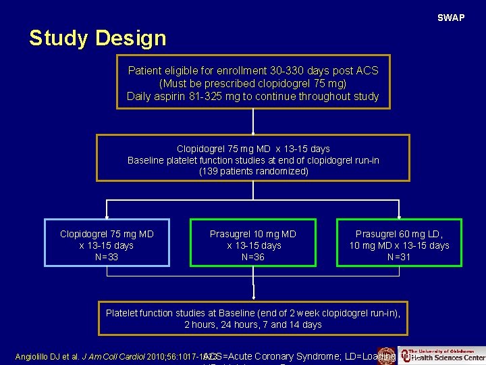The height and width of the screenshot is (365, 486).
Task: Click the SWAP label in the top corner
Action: tap(451, 18)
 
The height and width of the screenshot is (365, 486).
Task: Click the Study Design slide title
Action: tap(97, 39)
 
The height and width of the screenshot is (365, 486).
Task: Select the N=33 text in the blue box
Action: tap(107, 257)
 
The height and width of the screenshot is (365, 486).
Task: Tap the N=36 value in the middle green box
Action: tap(252, 257)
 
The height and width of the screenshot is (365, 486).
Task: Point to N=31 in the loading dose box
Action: tap(399, 257)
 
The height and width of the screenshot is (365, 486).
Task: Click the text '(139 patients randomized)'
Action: tap(253, 172)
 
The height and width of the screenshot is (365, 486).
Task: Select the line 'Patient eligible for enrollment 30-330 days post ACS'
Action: tap(253, 71)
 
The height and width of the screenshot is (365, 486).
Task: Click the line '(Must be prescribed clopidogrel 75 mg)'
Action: tap(253, 84)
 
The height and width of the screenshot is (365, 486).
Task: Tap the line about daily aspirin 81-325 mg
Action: tap(253, 97)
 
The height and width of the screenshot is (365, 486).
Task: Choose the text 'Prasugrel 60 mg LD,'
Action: tap(399, 234)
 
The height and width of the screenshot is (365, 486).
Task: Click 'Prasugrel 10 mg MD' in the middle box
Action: tap(252, 234)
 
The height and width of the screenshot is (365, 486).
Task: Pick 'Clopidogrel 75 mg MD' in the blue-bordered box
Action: tap(107, 234)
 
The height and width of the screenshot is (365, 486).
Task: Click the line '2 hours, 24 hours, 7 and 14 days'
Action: tap(253, 324)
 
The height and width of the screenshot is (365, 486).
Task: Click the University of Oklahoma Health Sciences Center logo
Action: tap(442, 355)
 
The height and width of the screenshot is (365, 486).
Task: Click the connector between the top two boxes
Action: tap(253, 122)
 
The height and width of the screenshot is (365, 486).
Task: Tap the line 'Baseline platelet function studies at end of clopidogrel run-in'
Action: tap(253, 160)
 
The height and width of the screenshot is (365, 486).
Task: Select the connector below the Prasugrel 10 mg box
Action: tap(253, 283)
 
